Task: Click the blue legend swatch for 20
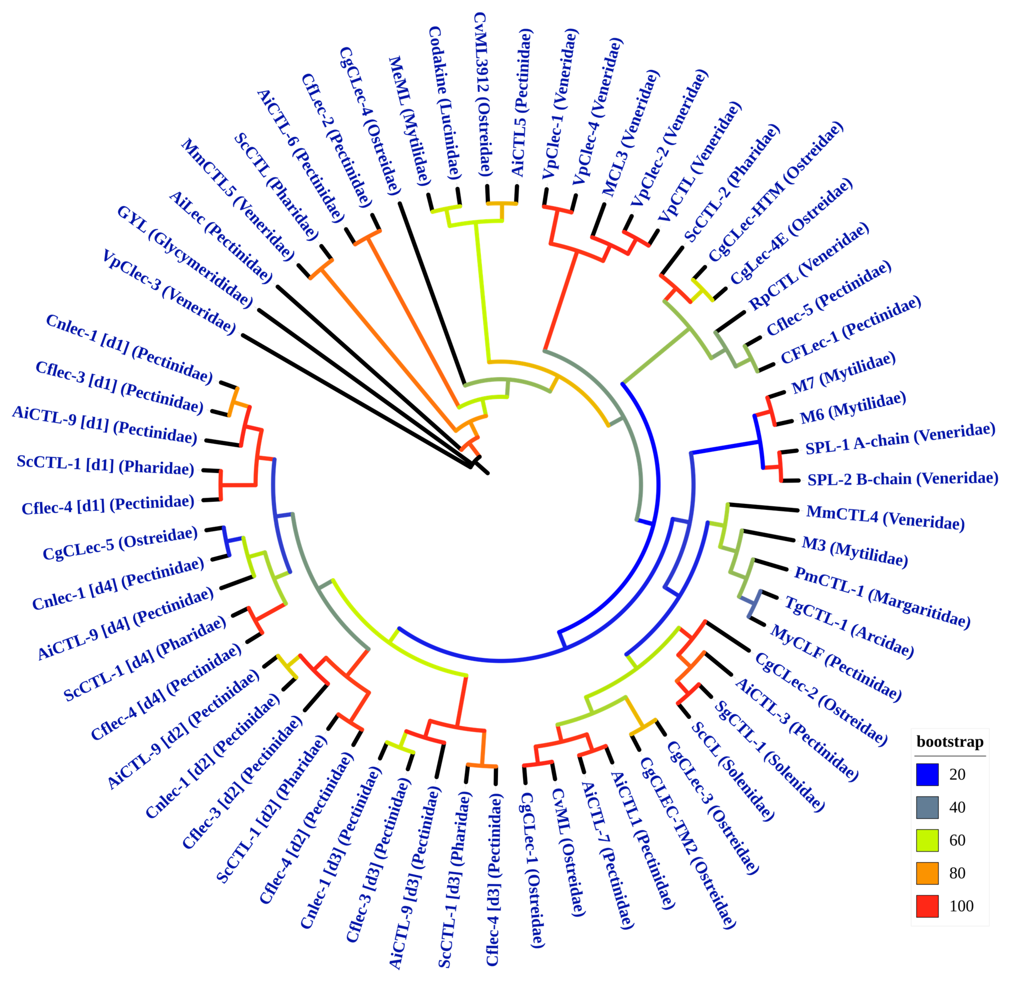coord(927,774)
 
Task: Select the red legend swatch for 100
coord(927,906)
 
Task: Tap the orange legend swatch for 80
coord(927,873)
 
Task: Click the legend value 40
coord(957,807)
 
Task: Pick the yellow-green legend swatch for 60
coord(927,840)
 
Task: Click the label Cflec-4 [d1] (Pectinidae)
coord(107,504)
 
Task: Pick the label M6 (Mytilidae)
coord(853,407)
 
